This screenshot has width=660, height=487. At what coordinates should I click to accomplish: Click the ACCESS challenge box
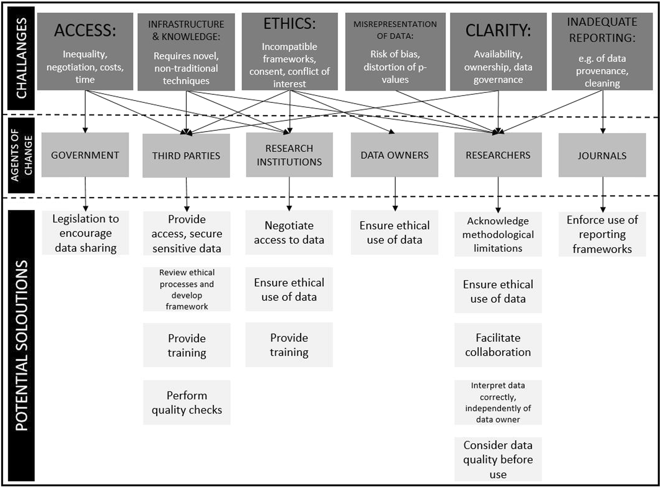tap(85, 52)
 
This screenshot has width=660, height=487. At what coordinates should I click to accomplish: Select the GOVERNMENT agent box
tap(85, 155)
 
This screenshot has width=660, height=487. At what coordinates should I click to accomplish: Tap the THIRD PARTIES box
tap(186, 155)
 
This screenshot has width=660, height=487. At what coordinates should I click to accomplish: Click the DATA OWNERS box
tap(394, 155)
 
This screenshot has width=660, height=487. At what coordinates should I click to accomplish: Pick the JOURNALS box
tap(602, 155)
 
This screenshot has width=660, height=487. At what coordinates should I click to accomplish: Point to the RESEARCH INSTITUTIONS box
tap(289, 155)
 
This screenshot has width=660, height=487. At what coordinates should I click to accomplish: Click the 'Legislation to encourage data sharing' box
tap(86, 233)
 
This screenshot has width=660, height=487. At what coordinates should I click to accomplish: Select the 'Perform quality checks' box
tap(186, 402)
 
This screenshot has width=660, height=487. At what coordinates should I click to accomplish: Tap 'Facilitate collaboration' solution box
tap(498, 345)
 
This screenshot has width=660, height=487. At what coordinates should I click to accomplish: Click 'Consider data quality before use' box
tap(498, 459)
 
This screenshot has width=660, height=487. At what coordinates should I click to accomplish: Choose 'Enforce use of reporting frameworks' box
tap(602, 234)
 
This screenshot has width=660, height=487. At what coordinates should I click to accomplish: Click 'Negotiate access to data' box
tap(289, 232)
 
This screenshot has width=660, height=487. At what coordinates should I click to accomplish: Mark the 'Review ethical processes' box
tap(186, 289)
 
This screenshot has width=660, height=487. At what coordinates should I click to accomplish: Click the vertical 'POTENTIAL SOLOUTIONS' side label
tap(21, 346)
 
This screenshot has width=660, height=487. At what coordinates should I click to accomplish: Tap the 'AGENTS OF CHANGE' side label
tap(21, 155)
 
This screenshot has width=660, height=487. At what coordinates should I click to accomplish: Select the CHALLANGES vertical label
tap(21, 58)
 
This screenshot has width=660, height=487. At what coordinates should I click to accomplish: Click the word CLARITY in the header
tap(498, 31)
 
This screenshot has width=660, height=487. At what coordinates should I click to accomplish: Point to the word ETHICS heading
tap(290, 24)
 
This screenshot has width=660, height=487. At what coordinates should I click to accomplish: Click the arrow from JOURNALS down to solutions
tap(603, 194)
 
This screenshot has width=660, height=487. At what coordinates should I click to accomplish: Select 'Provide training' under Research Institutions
tap(289, 345)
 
